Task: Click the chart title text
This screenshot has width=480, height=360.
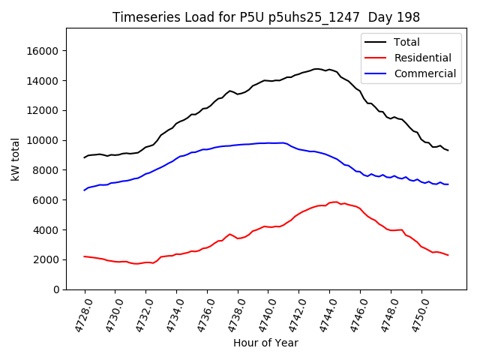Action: tap(266, 17)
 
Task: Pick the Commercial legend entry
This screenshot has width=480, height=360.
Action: tap(424, 73)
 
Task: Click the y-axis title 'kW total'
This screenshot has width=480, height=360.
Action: tap(15, 159)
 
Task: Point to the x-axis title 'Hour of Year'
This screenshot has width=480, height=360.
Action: tap(266, 343)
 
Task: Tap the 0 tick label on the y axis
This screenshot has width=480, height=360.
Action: tap(56, 289)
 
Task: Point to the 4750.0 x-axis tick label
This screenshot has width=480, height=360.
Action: tap(415, 315)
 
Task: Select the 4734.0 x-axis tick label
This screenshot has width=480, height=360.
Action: tap(170, 315)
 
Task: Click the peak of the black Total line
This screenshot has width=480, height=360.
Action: tap(318, 69)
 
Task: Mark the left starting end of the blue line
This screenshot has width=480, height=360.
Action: tap(84, 190)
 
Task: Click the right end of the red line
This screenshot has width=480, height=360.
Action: tap(448, 256)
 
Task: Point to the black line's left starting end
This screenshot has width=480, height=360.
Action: tap(84, 157)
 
